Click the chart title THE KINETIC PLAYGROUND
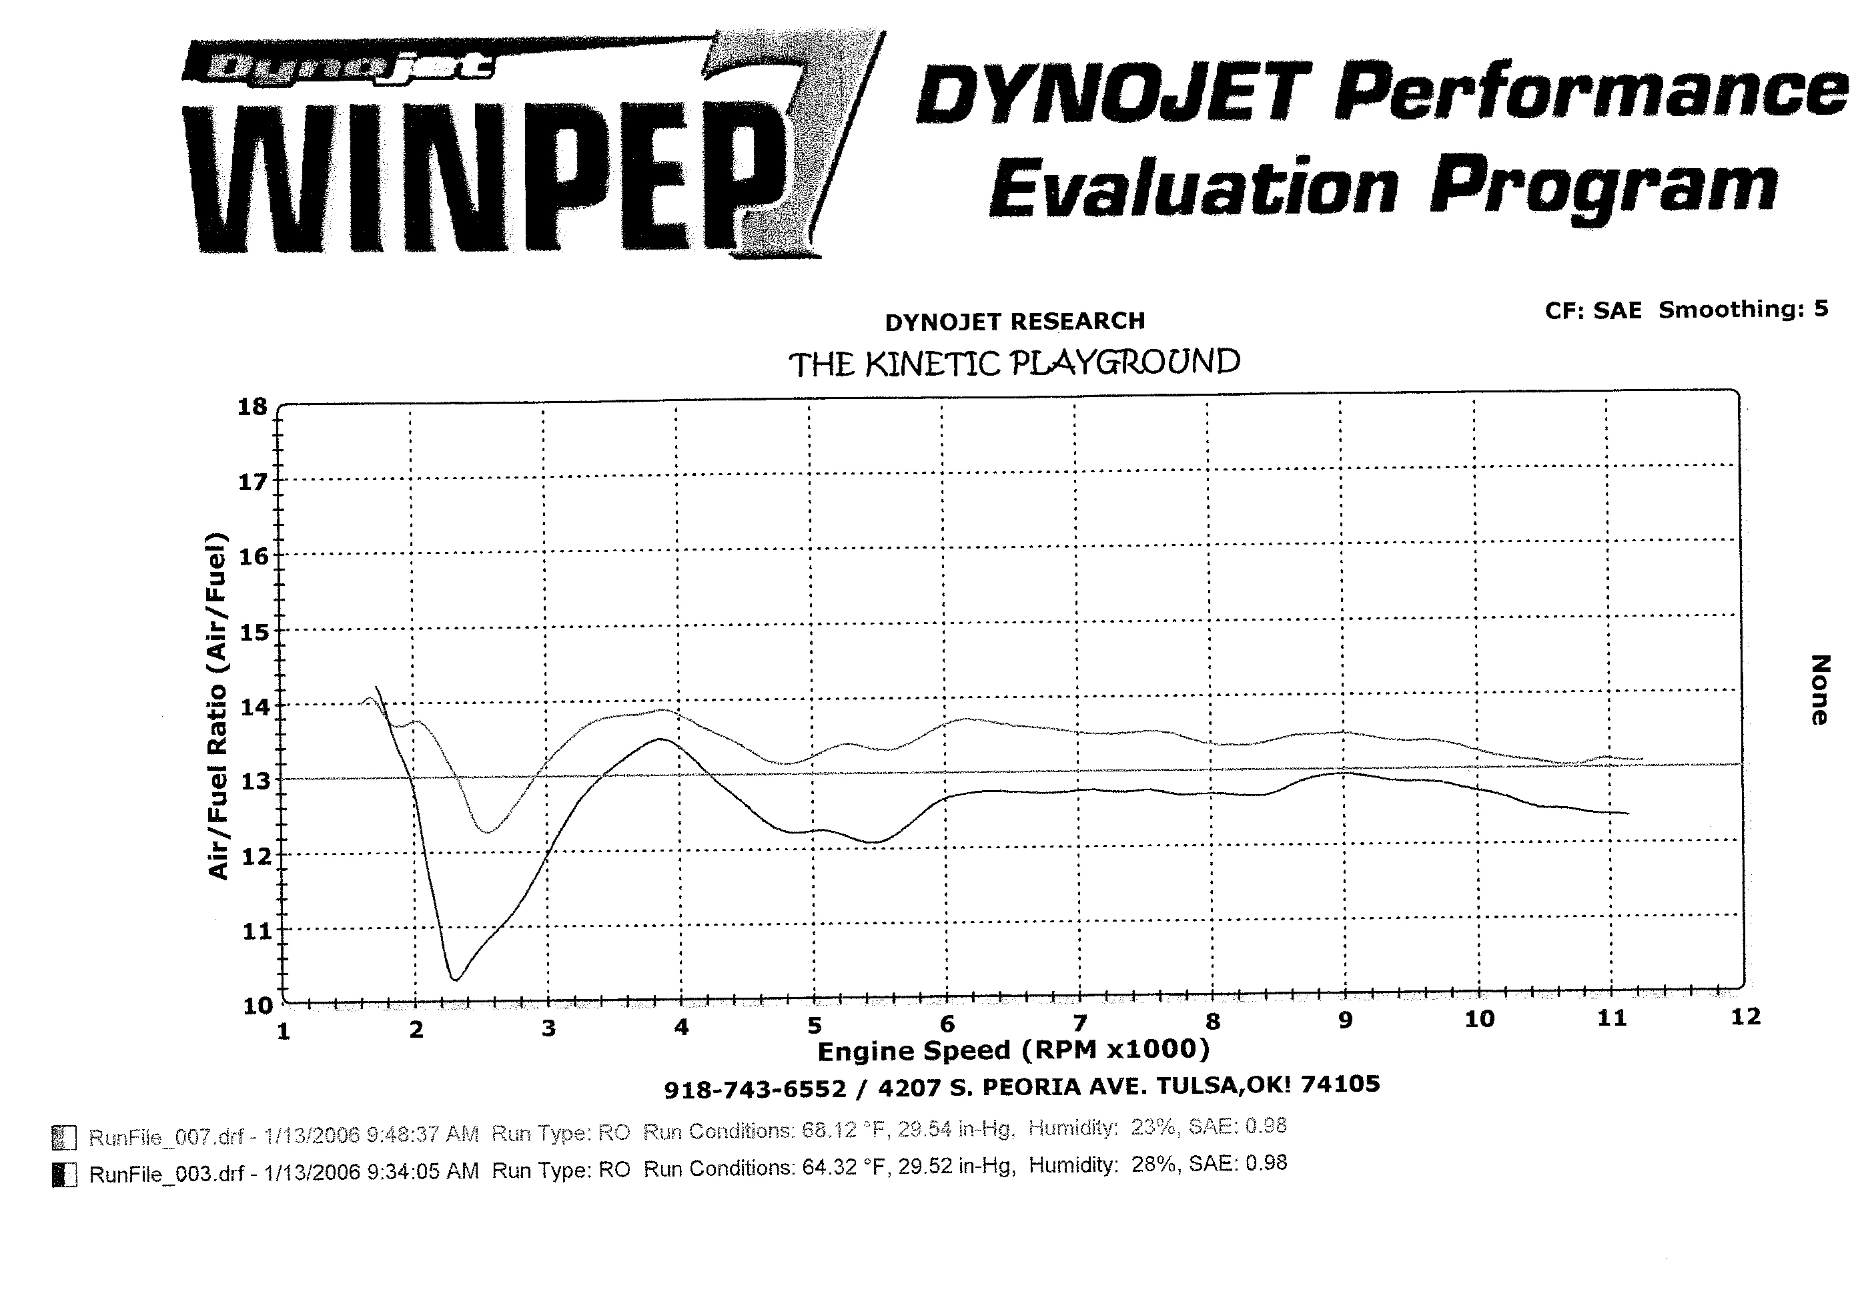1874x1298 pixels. click(x=1015, y=364)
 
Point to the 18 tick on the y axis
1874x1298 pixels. click(x=253, y=406)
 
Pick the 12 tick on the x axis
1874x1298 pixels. click(x=1745, y=1016)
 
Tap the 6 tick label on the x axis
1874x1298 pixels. click(x=947, y=1024)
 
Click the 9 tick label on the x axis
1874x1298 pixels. click(x=1346, y=1020)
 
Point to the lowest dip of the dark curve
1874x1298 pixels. click(x=455, y=979)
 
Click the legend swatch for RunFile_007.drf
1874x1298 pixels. click(x=64, y=1138)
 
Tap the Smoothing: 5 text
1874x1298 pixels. click(x=1743, y=309)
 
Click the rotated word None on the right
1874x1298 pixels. click(x=1819, y=689)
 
